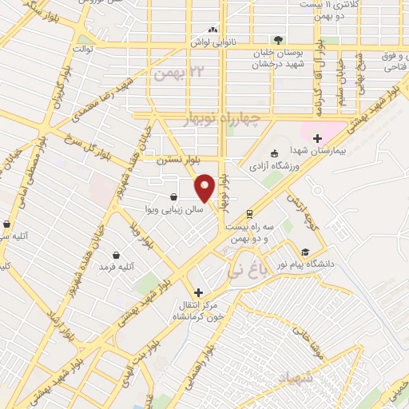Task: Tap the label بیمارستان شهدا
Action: click(x=326, y=152)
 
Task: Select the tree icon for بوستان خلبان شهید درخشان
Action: click(x=278, y=39)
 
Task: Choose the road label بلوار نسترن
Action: click(x=176, y=160)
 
